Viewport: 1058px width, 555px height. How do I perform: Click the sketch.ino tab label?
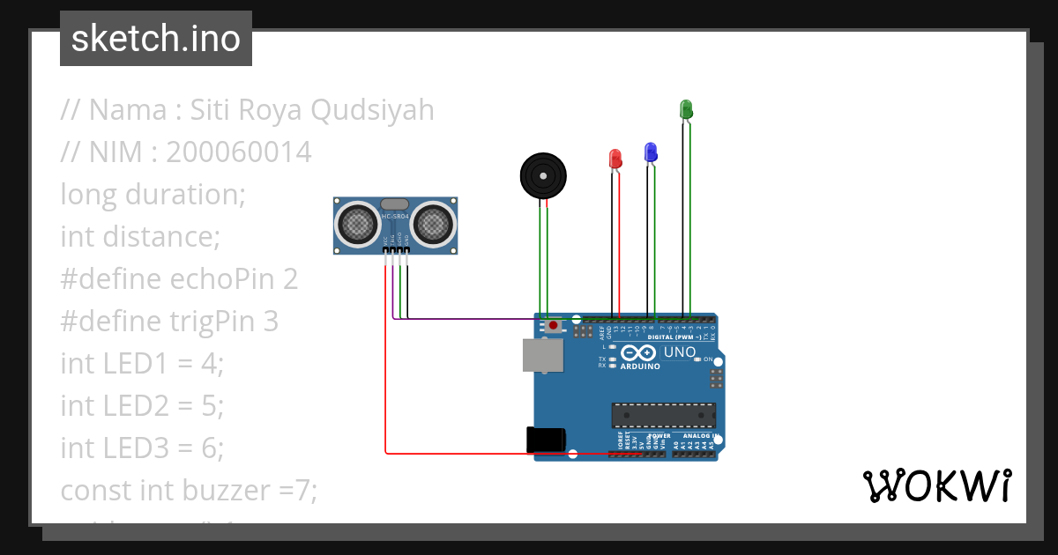[x=156, y=39]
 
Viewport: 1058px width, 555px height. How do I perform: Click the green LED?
[x=686, y=109]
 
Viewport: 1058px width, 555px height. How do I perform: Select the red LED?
[x=615, y=159]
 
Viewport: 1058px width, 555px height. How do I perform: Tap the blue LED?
[x=651, y=152]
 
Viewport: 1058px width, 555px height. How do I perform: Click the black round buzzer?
[x=542, y=176]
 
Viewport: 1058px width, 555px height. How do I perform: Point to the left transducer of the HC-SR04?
[x=358, y=224]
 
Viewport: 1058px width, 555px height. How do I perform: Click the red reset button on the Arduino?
[x=553, y=326]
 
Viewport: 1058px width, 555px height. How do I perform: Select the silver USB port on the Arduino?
[x=541, y=354]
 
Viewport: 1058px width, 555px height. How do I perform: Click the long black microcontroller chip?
[x=663, y=415]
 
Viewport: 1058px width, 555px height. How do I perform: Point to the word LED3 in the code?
[x=133, y=448]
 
